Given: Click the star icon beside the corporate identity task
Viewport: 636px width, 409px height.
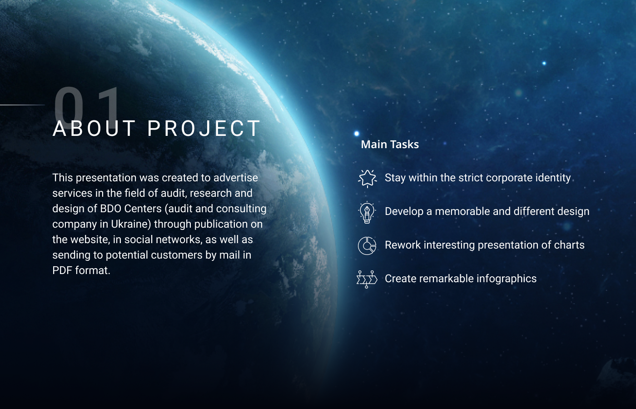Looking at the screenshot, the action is [367, 178].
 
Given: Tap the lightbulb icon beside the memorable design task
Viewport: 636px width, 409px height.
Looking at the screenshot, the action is [367, 212].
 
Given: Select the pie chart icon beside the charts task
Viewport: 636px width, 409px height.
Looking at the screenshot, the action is [367, 246].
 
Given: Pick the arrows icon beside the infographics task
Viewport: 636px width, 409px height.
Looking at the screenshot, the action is [367, 279].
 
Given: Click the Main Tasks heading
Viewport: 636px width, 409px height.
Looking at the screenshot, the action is [390, 145].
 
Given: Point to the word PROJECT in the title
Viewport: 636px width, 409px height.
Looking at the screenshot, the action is [204, 128].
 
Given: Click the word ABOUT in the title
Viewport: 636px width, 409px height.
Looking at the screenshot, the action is [94, 128].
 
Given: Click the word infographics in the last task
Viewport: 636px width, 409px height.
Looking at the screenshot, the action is [507, 279].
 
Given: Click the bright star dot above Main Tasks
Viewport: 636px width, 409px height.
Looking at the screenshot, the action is [357, 134].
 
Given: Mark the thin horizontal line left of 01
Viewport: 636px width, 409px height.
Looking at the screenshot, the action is [22, 105].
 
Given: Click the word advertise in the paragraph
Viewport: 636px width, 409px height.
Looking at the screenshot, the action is [236, 178].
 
